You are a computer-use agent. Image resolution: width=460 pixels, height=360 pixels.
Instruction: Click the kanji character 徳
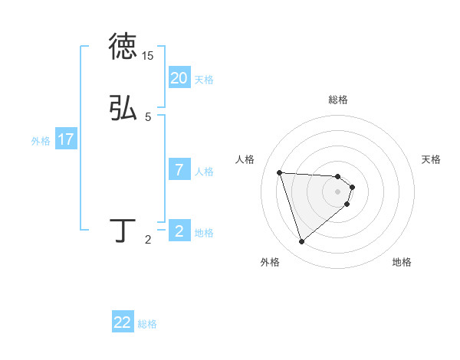[x=123, y=47]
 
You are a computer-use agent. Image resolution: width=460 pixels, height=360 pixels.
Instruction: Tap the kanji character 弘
[x=123, y=108]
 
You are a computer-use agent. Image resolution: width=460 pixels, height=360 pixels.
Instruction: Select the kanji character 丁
[x=123, y=231]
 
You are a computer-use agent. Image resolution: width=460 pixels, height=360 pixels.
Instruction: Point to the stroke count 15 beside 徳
[x=148, y=56]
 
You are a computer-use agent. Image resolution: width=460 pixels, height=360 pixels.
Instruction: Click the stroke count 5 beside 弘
[x=148, y=117]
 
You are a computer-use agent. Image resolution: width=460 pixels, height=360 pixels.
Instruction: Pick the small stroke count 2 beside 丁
[x=148, y=241]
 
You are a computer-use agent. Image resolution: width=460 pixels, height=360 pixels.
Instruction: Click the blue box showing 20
[x=179, y=77]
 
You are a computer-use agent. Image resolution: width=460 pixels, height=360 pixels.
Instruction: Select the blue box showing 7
[x=179, y=170]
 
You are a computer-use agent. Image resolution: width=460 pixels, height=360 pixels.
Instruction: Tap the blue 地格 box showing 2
[x=179, y=231]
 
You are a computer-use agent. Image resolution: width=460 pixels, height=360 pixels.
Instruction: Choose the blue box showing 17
[x=66, y=139]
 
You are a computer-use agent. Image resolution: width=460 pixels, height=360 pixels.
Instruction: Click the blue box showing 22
[x=123, y=322]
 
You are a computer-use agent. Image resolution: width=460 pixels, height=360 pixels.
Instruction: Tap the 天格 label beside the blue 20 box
[x=204, y=79]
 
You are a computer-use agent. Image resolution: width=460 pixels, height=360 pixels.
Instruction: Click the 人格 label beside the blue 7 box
[x=204, y=172]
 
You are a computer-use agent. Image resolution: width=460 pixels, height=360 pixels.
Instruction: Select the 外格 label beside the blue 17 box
[x=41, y=141]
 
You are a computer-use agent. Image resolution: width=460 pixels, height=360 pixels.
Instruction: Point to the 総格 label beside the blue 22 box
[x=147, y=324]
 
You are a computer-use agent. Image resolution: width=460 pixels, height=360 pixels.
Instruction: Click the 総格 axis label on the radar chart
[x=338, y=100]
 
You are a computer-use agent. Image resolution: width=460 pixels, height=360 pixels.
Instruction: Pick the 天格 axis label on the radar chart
[x=431, y=159]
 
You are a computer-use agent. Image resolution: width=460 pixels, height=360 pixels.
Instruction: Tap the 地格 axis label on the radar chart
[x=402, y=262]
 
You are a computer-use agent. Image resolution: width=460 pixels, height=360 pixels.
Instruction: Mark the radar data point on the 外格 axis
[x=301, y=242]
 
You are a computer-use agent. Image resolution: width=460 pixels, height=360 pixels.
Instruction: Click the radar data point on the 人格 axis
[x=280, y=172]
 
